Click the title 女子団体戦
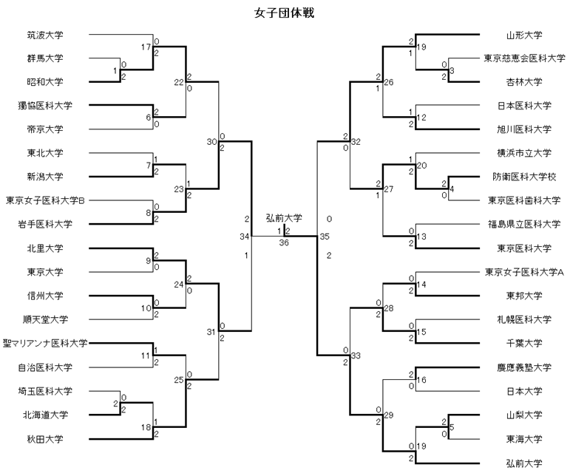pyautogui.click(x=284, y=13)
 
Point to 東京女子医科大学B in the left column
pyautogui.click(x=45, y=200)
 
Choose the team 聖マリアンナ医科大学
pyautogui.click(x=45, y=343)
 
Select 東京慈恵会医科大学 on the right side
pyautogui.click(x=524, y=58)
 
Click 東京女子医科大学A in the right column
pyautogui.click(x=524, y=272)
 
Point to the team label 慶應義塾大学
pyautogui.click(x=524, y=367)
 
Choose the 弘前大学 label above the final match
pyautogui.click(x=284, y=218)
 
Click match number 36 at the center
pyautogui.click(x=284, y=242)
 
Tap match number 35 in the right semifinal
pyautogui.click(x=324, y=237)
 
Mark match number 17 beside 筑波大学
pyautogui.click(x=146, y=47)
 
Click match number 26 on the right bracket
pyautogui.click(x=389, y=81)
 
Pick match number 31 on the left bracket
pyautogui.click(x=213, y=330)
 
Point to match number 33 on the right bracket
pyautogui.click(x=355, y=356)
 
